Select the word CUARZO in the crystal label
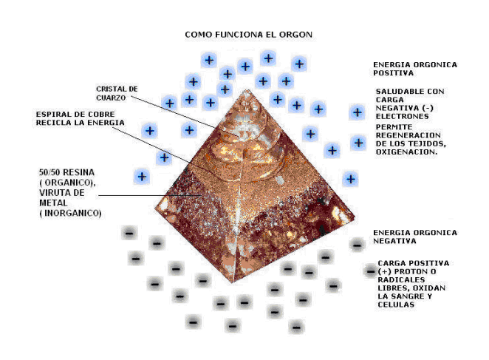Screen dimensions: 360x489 112,98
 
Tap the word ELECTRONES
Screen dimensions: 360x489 400,116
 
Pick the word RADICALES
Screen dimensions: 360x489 400,280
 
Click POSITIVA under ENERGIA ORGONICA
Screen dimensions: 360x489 394,73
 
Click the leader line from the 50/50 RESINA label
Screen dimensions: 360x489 148,196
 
